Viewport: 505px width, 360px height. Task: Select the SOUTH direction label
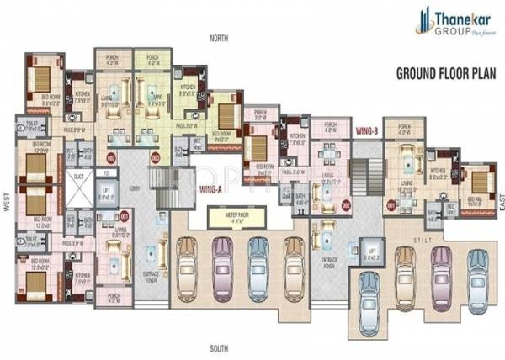coord(220,347)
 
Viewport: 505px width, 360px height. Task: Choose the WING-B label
coord(366,131)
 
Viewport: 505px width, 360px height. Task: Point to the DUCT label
coord(78,177)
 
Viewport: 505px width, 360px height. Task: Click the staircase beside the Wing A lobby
coord(158,186)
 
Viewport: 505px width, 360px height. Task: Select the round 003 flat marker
coord(154,156)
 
